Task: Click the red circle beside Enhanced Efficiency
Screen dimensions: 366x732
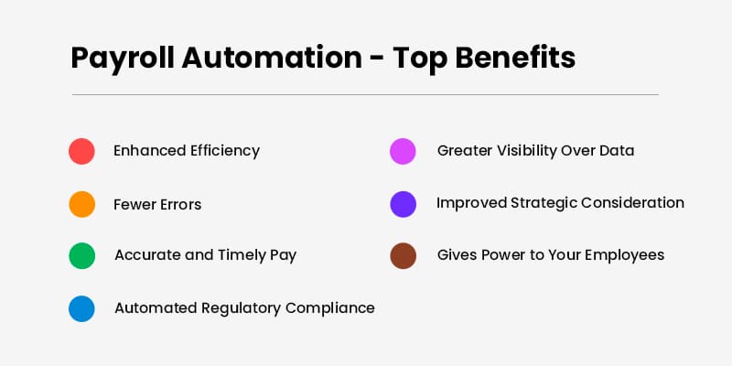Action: click(81, 151)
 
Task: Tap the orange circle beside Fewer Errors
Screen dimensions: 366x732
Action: click(81, 204)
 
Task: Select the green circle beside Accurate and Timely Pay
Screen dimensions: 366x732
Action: click(81, 255)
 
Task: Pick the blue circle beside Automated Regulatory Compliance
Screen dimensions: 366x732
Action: click(81, 308)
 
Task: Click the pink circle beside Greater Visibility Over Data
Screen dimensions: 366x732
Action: click(403, 151)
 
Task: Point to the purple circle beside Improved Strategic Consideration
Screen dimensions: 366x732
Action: click(403, 204)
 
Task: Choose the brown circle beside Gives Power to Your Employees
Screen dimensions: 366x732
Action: click(403, 255)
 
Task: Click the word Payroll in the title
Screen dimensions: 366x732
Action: click(121, 58)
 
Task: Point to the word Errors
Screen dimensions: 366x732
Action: click(178, 204)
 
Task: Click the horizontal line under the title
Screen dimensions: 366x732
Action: click(365, 94)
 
